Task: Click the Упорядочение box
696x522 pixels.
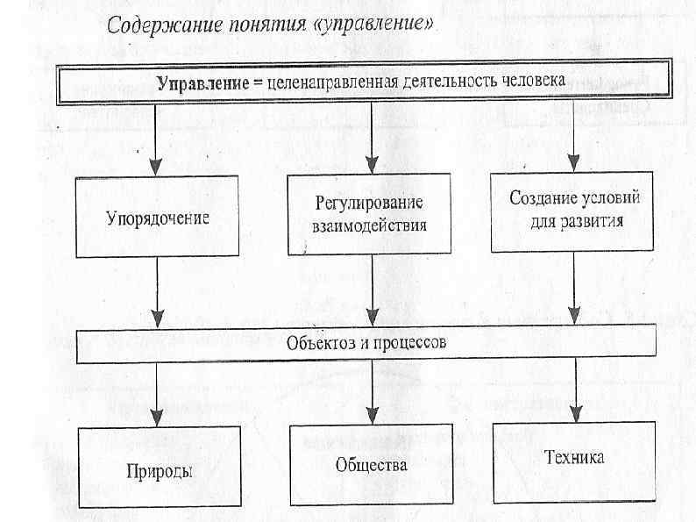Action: coord(157,217)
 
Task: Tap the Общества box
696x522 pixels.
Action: coord(371,464)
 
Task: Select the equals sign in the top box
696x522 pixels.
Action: coord(258,82)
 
